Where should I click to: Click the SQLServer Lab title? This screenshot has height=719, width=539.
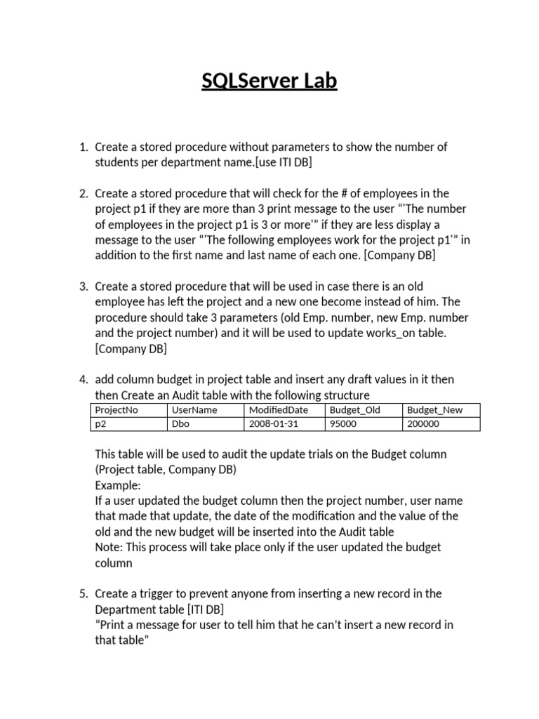[x=269, y=81]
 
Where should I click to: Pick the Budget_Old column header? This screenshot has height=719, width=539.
[x=354, y=410]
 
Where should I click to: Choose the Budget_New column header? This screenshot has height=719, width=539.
[x=435, y=410]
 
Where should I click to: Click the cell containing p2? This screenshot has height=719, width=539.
[x=100, y=423]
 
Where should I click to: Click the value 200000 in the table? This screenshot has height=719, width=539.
[x=423, y=423]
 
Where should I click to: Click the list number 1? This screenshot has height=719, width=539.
[x=83, y=147]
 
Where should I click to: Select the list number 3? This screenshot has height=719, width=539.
[x=83, y=286]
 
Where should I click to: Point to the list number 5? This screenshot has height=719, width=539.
[x=83, y=593]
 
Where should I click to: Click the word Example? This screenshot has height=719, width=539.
[x=118, y=485]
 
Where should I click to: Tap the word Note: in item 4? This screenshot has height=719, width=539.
[x=109, y=547]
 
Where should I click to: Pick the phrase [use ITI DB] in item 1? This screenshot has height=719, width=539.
[x=278, y=163]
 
